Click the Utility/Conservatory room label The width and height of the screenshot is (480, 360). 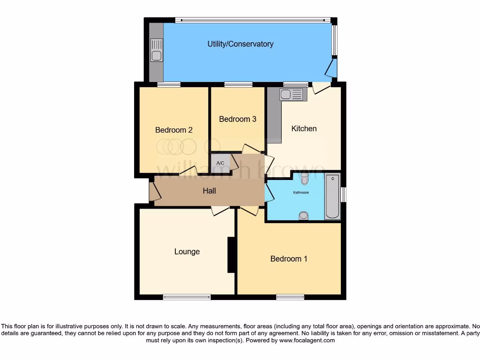(240, 44)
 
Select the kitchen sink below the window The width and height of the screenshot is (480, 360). (292, 95)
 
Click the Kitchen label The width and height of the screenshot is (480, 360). (304, 128)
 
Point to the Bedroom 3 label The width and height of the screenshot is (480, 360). (238, 119)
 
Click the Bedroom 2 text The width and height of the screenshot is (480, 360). (174, 130)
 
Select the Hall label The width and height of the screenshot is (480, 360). (209, 191)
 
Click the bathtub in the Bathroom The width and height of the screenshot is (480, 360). (332, 197)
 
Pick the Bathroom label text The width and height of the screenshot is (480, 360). (301, 193)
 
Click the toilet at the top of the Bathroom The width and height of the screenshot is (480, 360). (305, 179)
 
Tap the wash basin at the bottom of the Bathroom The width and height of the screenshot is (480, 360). (304, 215)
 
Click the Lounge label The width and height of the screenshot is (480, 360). (187, 252)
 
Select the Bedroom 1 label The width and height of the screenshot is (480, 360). (289, 259)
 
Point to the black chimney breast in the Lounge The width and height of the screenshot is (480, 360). (231, 255)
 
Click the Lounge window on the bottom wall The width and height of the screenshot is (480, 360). (187, 297)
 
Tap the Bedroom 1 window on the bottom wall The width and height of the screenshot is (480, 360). (290, 297)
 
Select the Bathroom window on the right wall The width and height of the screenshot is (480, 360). (343, 195)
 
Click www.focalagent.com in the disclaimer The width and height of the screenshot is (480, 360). (307, 340)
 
